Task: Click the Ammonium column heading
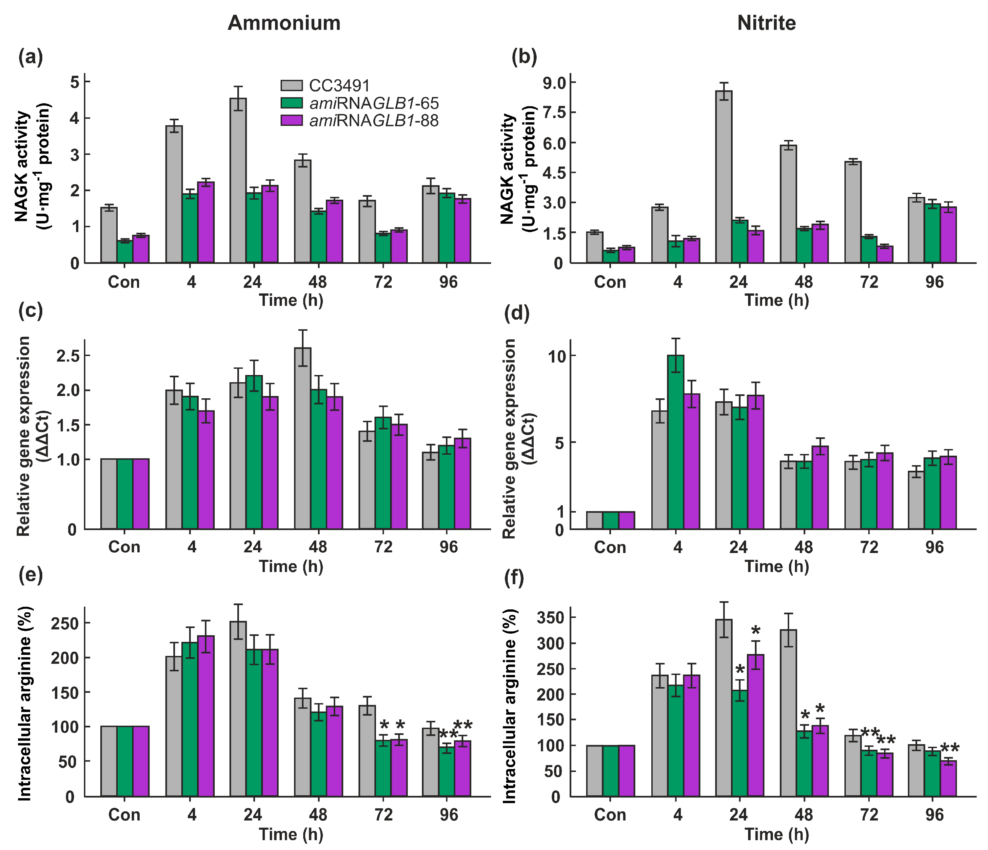(284, 23)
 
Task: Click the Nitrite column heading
(766, 23)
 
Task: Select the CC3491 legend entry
(339, 86)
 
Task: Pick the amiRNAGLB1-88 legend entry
(373, 121)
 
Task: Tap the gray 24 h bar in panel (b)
(724, 176)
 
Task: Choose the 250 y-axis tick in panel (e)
(64, 623)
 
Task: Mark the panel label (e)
(30, 575)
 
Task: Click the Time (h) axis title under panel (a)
(291, 300)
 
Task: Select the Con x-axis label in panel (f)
(610, 814)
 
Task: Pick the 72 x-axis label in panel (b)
(869, 282)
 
